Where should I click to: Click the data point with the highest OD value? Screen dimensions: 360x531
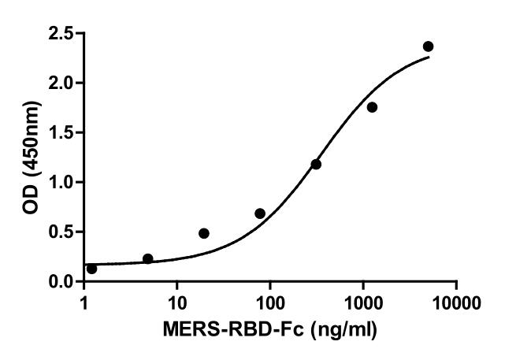click(428, 46)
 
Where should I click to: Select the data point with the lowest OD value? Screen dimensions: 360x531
click(91, 269)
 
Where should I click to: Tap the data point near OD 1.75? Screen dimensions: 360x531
click(372, 107)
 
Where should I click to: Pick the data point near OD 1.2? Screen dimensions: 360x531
click(316, 164)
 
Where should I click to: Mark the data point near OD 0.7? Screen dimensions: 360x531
click(260, 213)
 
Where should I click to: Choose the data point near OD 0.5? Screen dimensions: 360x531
click(204, 233)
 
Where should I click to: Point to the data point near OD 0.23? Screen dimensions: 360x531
click(148, 258)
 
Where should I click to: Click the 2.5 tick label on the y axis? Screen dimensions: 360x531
click(61, 34)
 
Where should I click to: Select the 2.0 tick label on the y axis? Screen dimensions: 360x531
click(61, 84)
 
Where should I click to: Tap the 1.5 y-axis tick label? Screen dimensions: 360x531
click(61, 133)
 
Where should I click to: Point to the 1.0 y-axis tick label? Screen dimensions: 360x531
click(61, 183)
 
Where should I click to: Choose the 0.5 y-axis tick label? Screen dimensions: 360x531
click(61, 232)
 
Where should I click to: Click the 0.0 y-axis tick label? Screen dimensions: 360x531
click(61, 282)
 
